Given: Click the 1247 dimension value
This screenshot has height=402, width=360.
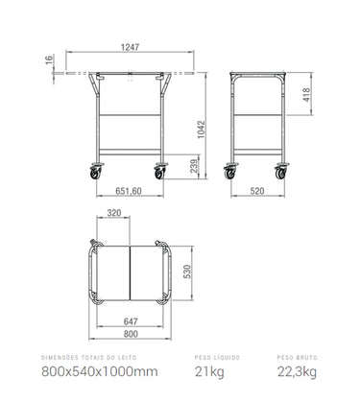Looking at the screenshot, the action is click(130, 47).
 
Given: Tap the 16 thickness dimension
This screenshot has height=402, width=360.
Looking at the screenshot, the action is click(49, 59).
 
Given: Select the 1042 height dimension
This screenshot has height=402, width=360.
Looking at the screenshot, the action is click(201, 130).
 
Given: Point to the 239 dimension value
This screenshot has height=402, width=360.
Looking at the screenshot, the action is click(195, 166).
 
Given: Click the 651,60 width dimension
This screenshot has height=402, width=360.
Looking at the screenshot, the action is click(129, 191).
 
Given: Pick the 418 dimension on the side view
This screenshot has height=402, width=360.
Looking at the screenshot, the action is click(306, 95).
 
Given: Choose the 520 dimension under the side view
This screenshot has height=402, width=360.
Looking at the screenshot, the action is click(257, 191).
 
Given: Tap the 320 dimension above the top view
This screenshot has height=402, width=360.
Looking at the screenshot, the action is click(114, 213).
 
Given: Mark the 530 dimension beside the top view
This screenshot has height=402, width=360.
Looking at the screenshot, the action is click(187, 272).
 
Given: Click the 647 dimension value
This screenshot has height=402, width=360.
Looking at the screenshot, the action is click(131, 321).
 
